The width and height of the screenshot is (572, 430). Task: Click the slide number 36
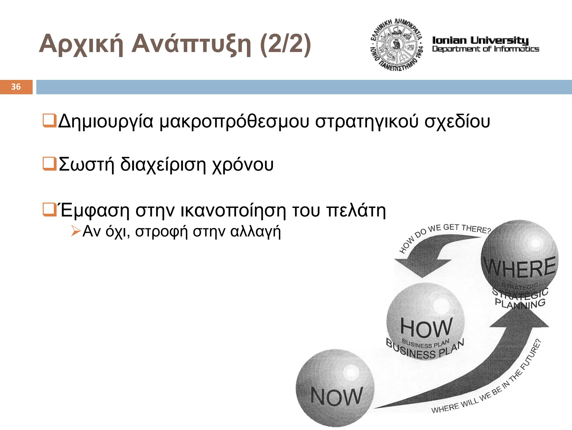16,87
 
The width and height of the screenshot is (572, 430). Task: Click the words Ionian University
480,40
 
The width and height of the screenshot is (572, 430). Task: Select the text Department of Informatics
485,49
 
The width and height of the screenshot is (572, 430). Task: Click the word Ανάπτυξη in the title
191,44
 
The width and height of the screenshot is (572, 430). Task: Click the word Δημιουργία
106,121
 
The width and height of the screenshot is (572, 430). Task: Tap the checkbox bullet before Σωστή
49,164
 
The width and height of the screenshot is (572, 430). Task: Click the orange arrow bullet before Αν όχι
75,231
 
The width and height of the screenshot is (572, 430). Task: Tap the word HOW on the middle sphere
426,327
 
